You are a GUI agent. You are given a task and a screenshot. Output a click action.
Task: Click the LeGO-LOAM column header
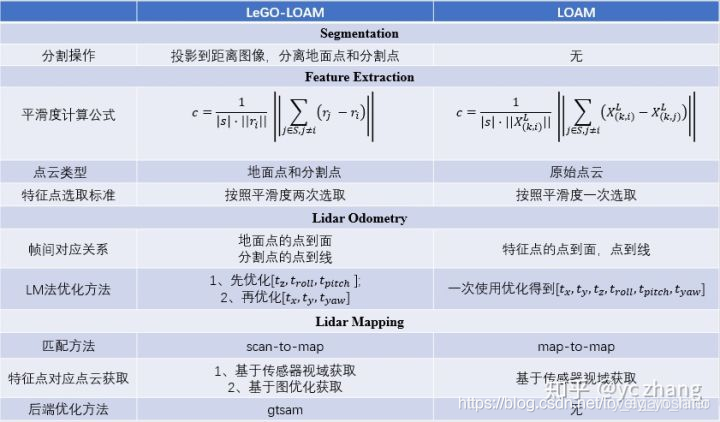click(289, 11)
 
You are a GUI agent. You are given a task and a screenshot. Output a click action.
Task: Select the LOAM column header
click(575, 11)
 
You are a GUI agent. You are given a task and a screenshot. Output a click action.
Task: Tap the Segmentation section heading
click(359, 34)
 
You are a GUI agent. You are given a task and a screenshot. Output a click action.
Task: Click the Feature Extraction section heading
click(359, 77)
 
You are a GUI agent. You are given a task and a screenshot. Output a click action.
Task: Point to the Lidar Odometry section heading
click(359, 218)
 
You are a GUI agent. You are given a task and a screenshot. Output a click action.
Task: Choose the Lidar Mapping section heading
click(359, 322)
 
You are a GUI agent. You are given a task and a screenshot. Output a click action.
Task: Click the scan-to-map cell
click(289, 345)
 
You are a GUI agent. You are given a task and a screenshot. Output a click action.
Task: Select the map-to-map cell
click(575, 345)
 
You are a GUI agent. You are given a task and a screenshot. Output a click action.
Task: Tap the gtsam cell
click(289, 410)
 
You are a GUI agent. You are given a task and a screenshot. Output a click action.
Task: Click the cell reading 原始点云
click(575, 171)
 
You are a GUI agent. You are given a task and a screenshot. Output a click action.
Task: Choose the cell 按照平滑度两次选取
click(289, 195)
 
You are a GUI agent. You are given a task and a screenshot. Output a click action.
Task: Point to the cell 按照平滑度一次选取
click(575, 195)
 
